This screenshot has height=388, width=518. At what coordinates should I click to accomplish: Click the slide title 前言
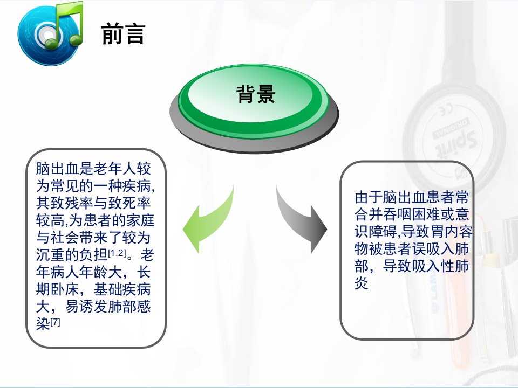tap(124, 34)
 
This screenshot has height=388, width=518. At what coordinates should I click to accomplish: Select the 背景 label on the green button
tap(256, 94)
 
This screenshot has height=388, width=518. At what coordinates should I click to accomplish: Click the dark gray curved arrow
tap(302, 221)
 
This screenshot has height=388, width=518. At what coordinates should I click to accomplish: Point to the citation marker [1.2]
tap(117, 253)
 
